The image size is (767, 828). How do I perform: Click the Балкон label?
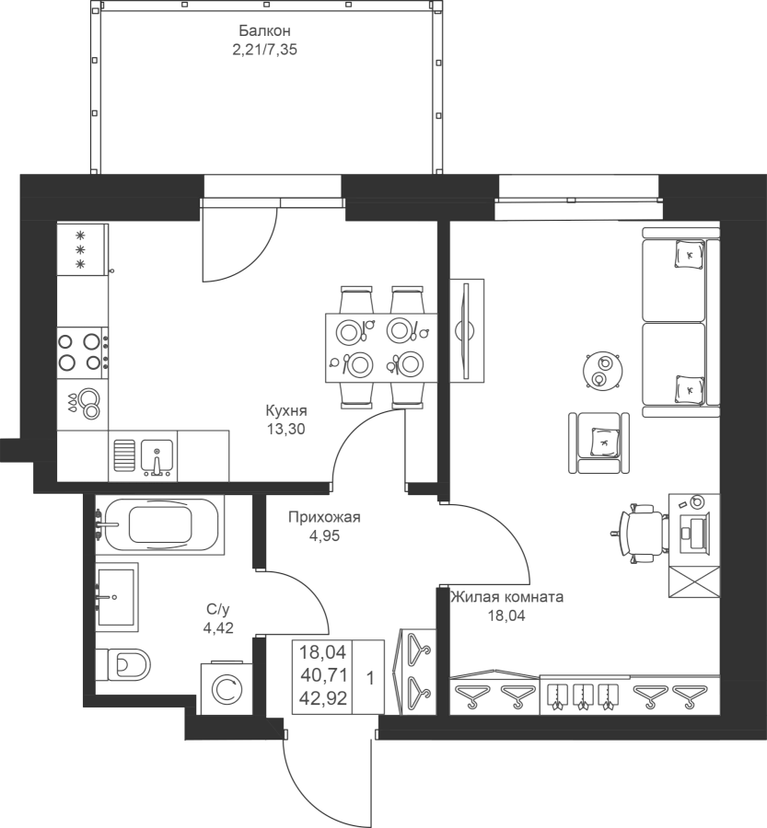264,30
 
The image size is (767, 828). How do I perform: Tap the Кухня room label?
286,410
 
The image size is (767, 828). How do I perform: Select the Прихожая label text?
324,517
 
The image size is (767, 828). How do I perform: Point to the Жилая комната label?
506,597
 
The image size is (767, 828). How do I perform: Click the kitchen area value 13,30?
286,430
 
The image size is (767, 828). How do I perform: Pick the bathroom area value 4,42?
218,627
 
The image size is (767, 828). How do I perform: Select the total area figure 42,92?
323,698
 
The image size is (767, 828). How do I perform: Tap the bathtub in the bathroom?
159,525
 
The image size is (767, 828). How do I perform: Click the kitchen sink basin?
157,454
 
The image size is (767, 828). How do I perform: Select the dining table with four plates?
381,348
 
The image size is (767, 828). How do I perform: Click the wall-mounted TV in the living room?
466,331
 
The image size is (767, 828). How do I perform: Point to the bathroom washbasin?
116,597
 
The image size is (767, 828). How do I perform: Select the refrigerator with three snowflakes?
83,249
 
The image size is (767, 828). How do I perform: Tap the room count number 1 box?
368,677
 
